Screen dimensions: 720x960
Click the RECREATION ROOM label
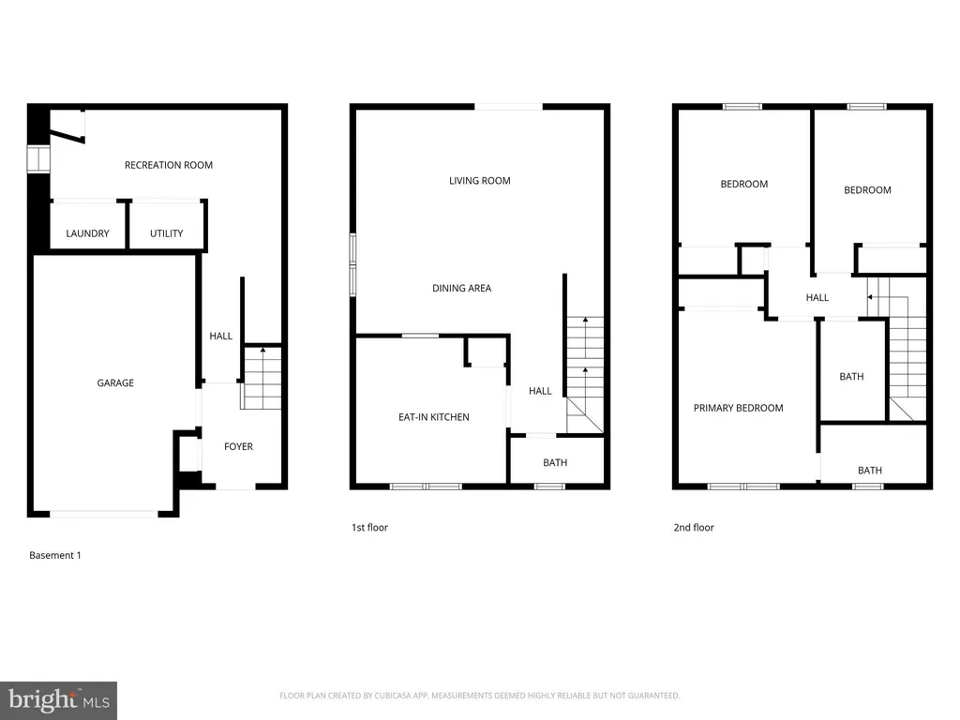[x=169, y=165]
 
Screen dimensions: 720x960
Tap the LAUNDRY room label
[x=87, y=233]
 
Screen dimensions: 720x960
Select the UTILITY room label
[x=167, y=233]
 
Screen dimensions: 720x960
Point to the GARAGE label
[x=115, y=382]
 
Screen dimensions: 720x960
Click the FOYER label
[x=238, y=446]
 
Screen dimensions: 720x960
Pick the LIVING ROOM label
[x=480, y=181]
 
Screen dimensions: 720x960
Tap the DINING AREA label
[x=462, y=289]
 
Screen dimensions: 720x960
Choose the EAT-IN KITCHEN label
[x=434, y=417]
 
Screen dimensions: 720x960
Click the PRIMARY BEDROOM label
[x=739, y=408]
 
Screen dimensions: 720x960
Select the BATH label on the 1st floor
[x=555, y=463]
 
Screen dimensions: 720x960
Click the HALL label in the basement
[x=220, y=336]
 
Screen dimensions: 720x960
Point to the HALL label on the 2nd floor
[x=817, y=297]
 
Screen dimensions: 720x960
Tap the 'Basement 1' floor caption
[x=55, y=555]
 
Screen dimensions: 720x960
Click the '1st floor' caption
[x=369, y=528]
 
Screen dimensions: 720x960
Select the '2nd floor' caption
[x=694, y=528]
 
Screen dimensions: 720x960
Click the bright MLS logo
[x=58, y=699]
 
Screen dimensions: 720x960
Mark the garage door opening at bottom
[x=104, y=514]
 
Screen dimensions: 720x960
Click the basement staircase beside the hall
[x=262, y=378]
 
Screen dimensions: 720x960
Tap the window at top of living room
[x=507, y=107]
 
